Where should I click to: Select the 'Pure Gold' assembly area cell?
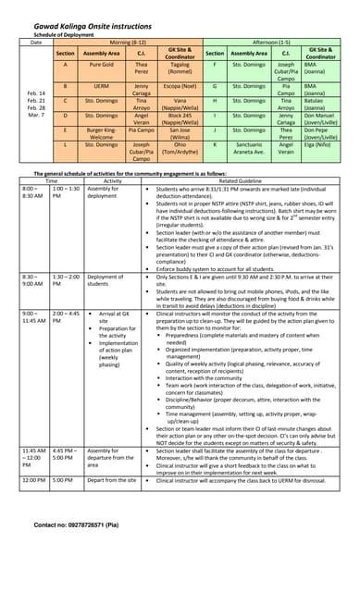coord(102,67)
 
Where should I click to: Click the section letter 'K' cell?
coord(214,145)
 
